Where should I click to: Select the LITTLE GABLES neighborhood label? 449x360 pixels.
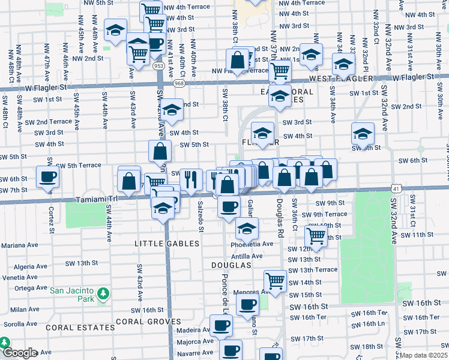click(167, 244)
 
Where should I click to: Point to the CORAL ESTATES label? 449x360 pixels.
click(80, 328)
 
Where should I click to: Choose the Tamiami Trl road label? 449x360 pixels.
click(94, 200)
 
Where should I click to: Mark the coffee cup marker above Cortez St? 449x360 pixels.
click(47, 177)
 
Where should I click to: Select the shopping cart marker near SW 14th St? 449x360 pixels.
click(275, 280)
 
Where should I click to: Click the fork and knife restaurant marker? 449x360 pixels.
click(191, 179)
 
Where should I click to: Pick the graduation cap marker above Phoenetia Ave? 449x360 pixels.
click(246, 228)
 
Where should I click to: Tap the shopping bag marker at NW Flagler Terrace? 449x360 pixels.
click(237, 60)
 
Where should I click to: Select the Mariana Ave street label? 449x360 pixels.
click(19, 245)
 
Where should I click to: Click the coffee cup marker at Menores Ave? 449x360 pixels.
click(247, 304)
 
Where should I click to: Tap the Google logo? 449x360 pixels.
click(19, 353)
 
